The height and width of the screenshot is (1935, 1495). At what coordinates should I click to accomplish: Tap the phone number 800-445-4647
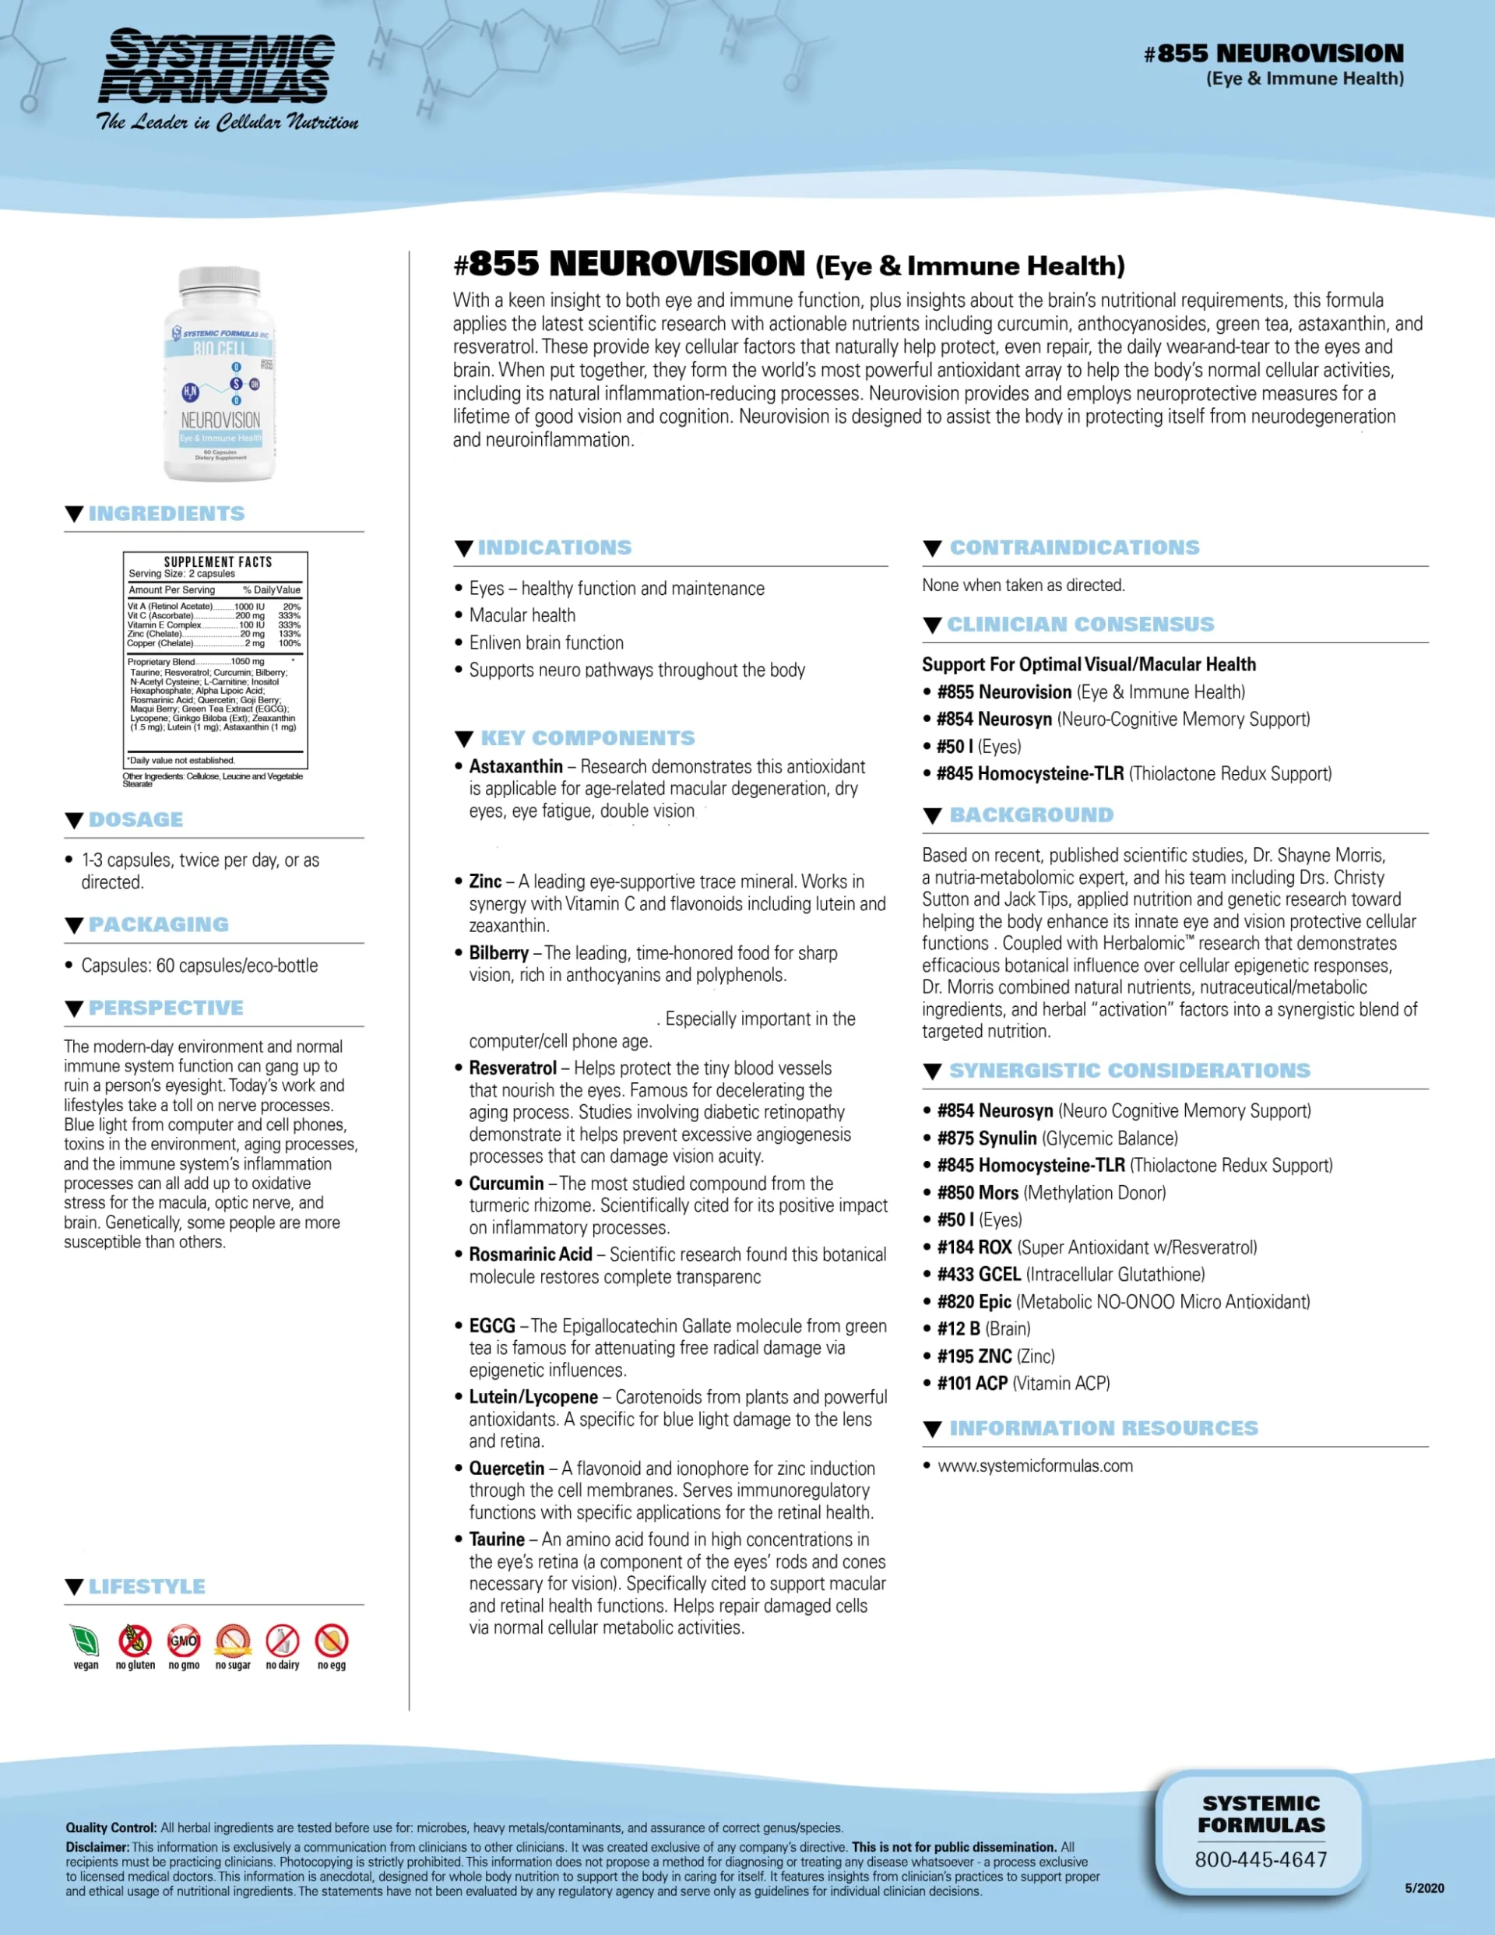coord(1260,1859)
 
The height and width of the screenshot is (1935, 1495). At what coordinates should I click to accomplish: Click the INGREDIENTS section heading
coord(166,514)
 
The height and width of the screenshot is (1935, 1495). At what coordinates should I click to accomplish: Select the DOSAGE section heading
coord(135,819)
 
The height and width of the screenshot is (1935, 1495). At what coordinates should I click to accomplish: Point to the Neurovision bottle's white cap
coord(220,282)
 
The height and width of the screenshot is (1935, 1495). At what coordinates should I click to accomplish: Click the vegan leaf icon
coord(85,1641)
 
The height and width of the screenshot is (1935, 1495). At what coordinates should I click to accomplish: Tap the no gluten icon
coord(135,1641)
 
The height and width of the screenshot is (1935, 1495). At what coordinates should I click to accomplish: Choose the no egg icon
coord(332,1641)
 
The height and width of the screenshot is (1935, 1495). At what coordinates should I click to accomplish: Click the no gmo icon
coord(184,1641)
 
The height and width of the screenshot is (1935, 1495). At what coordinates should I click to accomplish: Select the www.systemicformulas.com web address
coord(1035,1465)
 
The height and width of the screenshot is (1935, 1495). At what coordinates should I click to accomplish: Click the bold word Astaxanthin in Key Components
coord(515,766)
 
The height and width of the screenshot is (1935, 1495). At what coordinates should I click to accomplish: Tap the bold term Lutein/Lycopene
coord(533,1397)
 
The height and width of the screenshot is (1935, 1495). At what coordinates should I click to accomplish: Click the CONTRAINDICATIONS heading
coord(1074,547)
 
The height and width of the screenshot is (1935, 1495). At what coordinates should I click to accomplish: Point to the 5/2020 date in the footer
coord(1424,1888)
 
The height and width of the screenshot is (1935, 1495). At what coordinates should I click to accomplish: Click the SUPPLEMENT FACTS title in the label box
coord(218,561)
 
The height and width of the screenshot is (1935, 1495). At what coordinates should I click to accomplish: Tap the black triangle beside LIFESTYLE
coord(75,1587)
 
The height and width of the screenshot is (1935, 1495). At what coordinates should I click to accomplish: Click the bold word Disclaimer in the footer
coord(97,1847)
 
